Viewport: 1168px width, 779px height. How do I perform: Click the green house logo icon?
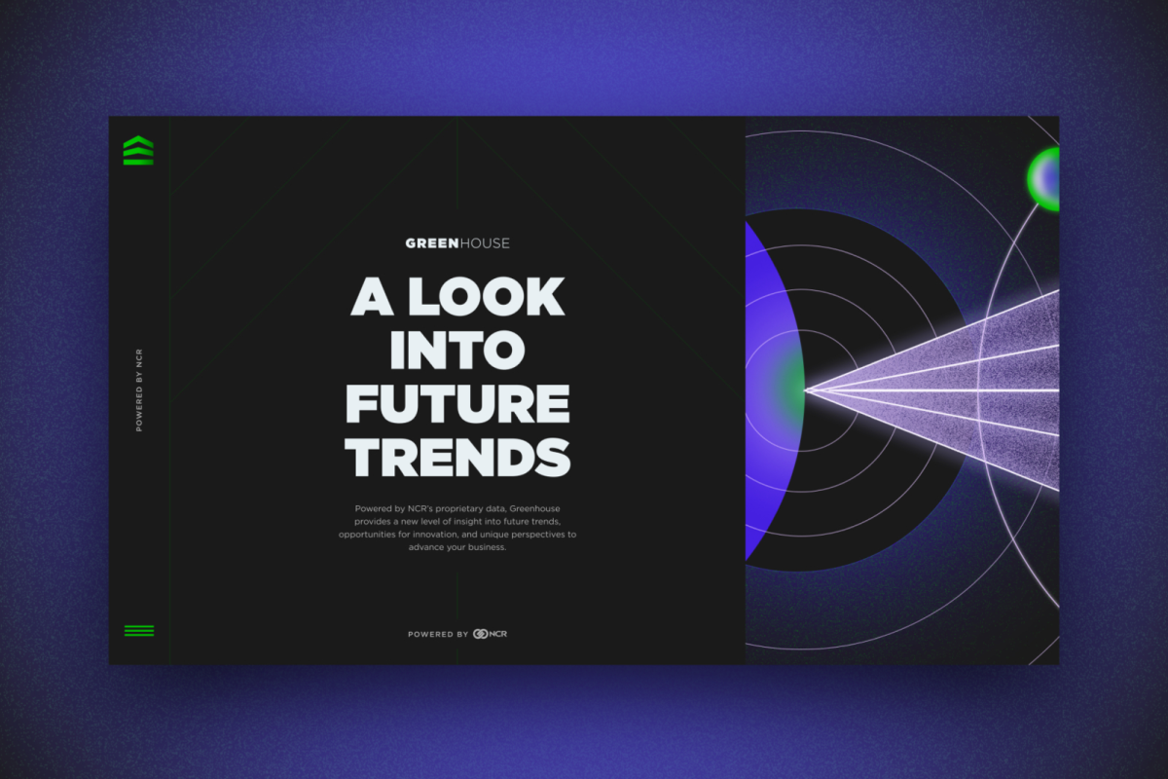[x=138, y=150]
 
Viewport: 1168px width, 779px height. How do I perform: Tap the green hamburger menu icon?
[x=139, y=631]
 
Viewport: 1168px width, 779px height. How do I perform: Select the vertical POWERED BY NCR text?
[x=139, y=390]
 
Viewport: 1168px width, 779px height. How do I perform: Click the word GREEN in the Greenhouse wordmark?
[x=432, y=243]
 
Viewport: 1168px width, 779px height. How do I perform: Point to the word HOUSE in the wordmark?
[x=485, y=243]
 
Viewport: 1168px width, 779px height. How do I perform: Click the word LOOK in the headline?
[x=486, y=296]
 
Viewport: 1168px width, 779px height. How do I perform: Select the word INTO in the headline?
[x=457, y=350]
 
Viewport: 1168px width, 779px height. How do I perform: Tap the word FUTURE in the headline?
[x=457, y=403]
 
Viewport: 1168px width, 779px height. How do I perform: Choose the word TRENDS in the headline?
[x=457, y=457]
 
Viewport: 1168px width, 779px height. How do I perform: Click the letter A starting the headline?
[x=372, y=296]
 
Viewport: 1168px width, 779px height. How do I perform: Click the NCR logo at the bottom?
[x=490, y=634]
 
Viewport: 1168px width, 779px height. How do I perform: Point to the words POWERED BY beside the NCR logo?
[x=438, y=635]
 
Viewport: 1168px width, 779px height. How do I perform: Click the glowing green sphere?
[x=1043, y=179]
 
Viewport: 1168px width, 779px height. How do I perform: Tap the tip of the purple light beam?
[x=806, y=389]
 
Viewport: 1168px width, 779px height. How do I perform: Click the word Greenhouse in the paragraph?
[x=534, y=508]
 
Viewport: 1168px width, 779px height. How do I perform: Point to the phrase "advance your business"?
[x=457, y=547]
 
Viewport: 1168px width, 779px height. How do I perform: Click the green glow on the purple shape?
[x=790, y=388]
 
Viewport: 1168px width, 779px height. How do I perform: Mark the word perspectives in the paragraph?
[x=538, y=535]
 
